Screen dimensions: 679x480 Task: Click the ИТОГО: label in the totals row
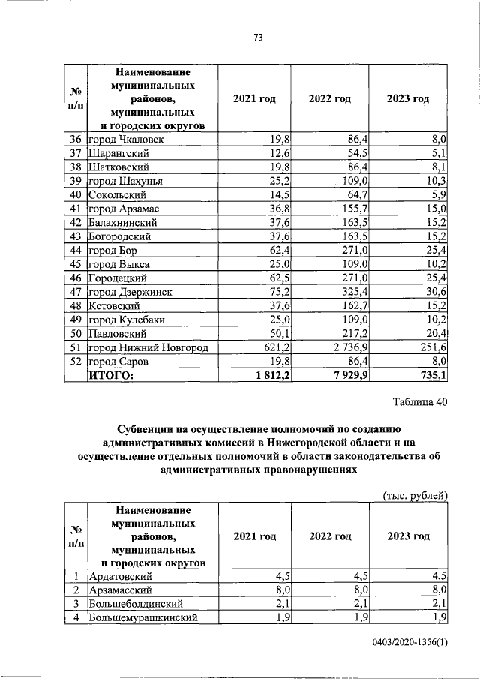pos(112,376)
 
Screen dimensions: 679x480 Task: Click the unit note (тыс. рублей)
pos(415,496)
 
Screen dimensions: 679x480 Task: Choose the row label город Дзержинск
pos(130,292)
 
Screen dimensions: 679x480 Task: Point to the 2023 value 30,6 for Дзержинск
pos(435,292)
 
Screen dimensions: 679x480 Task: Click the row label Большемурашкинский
pos(143,617)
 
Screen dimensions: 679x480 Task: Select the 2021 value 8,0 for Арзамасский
pos(281,590)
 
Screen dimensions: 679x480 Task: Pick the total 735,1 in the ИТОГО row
pos(431,376)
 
